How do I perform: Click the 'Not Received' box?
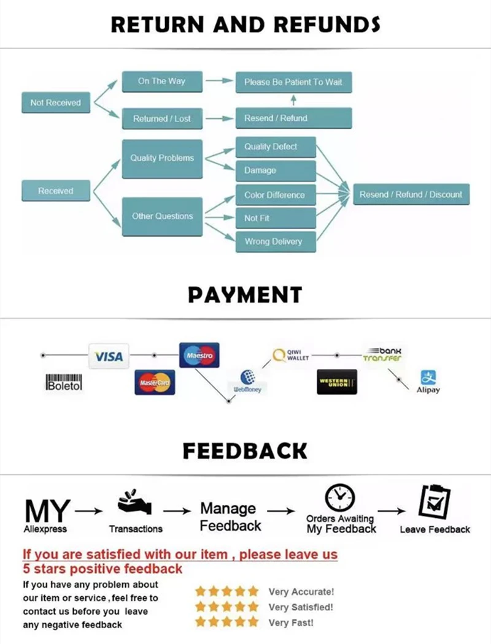pyautogui.click(x=55, y=103)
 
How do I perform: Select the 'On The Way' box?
pyautogui.click(x=161, y=81)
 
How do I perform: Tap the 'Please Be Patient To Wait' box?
pyautogui.click(x=293, y=81)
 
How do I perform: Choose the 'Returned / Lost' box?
pyautogui.click(x=161, y=119)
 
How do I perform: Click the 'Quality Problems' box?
pyautogui.click(x=162, y=158)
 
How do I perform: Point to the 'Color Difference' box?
pyautogui.click(x=276, y=195)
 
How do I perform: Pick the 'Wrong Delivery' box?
pyautogui.click(x=276, y=241)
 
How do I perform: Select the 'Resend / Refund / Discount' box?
pyautogui.click(x=411, y=195)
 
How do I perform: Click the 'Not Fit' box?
pyautogui.click(x=276, y=218)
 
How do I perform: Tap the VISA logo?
pyautogui.click(x=109, y=356)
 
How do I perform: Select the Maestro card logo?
pyautogui.click(x=199, y=355)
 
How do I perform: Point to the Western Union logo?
pyautogui.click(x=337, y=382)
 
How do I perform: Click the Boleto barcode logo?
pyautogui.click(x=64, y=382)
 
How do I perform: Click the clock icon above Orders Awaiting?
pyautogui.click(x=337, y=498)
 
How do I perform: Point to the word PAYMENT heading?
pyautogui.click(x=245, y=295)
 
